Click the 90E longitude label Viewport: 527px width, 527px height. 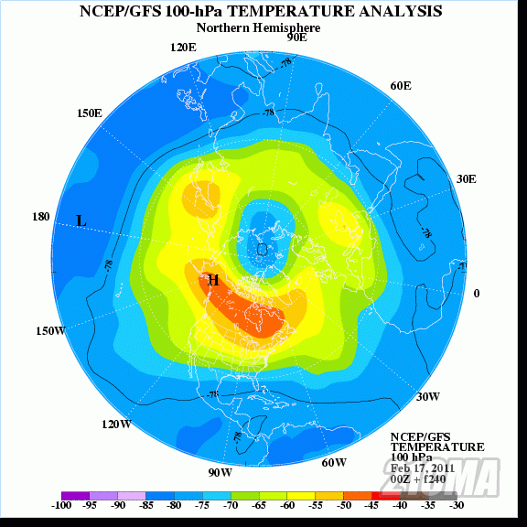click(x=296, y=38)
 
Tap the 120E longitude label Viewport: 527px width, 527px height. click(x=183, y=48)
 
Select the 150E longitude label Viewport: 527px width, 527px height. click(x=89, y=113)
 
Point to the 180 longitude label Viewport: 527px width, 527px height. click(x=41, y=217)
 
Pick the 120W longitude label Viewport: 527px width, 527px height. click(x=116, y=425)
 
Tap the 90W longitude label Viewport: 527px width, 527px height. click(x=220, y=472)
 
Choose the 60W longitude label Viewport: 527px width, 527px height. click(x=334, y=462)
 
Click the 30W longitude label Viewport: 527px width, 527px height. click(x=427, y=396)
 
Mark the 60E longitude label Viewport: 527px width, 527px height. click(x=401, y=85)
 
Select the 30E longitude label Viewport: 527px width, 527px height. click(x=466, y=178)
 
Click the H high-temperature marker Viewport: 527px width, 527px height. click(x=213, y=280)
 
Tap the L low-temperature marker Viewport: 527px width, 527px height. click(x=81, y=220)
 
